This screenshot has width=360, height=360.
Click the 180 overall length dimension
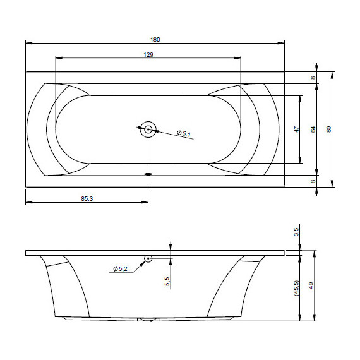(x=155, y=39)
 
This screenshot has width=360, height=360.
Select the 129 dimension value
(x=148, y=54)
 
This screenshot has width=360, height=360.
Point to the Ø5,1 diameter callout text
(x=184, y=133)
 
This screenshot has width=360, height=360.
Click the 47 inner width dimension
(x=296, y=129)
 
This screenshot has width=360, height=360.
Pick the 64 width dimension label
(x=312, y=129)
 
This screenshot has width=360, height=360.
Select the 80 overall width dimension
(x=328, y=129)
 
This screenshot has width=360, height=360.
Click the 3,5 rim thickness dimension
(x=297, y=233)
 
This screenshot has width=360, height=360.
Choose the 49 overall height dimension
(x=311, y=286)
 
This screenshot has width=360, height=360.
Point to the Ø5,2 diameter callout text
(x=121, y=269)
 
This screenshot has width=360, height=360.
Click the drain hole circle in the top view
(x=148, y=129)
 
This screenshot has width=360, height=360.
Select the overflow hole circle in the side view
(x=148, y=258)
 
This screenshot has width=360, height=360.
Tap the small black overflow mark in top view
(x=148, y=174)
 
